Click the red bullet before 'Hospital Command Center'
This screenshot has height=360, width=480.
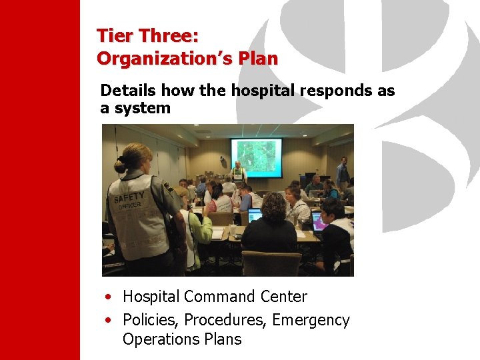(x=107, y=297)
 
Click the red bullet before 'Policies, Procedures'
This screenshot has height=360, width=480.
(x=107, y=321)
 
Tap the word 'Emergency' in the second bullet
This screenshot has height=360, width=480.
(x=311, y=320)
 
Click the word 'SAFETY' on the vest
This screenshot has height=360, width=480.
(x=129, y=197)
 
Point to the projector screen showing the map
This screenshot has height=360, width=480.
(x=256, y=157)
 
